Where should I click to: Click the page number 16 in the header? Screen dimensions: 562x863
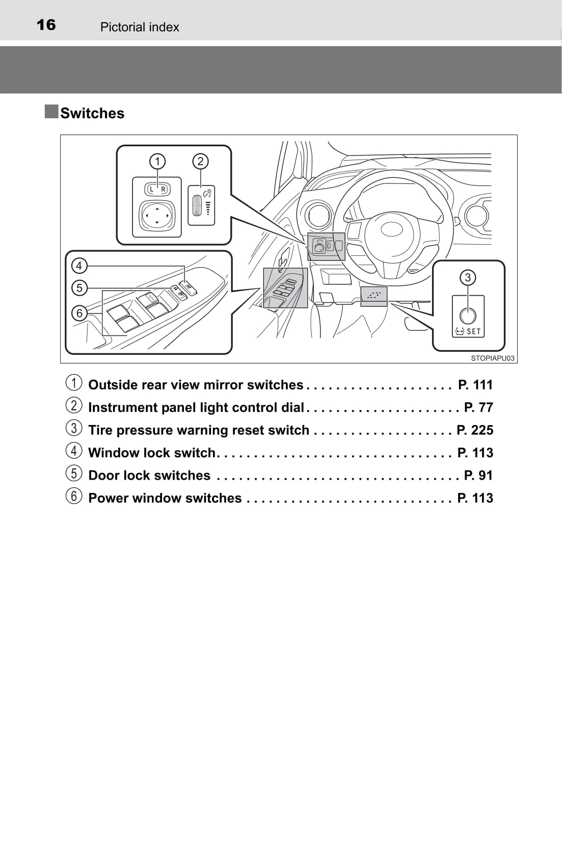click(46, 25)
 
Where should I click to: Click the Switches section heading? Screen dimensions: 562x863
click(92, 113)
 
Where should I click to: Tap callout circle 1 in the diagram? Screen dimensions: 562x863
click(157, 162)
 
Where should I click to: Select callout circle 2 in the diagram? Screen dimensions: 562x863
click(200, 162)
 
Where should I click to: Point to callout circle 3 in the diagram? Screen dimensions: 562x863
click(468, 277)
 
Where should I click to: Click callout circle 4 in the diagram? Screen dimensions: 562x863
click(79, 266)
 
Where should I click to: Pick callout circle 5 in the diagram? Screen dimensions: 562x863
click(79, 288)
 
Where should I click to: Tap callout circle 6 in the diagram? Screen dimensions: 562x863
click(79, 313)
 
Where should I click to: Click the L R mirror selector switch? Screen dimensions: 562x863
click(157, 189)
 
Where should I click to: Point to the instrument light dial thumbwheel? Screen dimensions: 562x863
click(197, 205)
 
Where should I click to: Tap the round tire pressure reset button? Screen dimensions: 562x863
click(468, 316)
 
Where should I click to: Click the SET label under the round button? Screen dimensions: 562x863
click(473, 331)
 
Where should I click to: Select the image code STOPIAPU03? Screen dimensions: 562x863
click(492, 358)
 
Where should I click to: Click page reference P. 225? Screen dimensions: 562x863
click(474, 430)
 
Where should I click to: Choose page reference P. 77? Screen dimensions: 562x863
click(478, 407)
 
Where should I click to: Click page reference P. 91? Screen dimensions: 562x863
click(478, 476)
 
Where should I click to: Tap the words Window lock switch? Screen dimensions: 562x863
click(152, 453)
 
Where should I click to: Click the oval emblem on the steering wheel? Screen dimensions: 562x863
click(391, 229)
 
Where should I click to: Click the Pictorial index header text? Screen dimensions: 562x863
click(140, 27)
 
